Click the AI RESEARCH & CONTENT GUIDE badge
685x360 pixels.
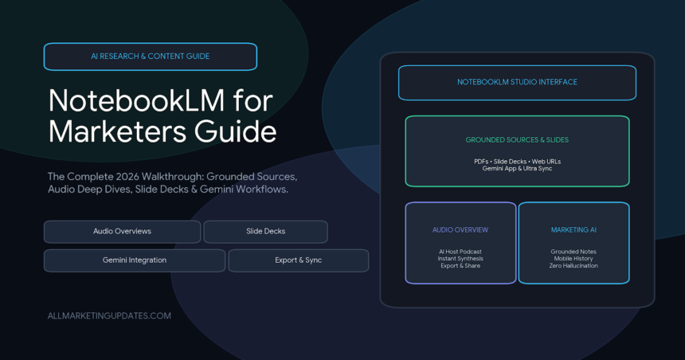coord(151,57)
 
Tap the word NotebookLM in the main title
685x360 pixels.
coord(137,100)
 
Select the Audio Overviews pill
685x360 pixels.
coord(123,232)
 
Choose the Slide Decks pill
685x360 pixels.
coord(265,232)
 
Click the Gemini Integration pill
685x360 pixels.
coord(135,260)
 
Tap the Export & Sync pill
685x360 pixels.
coord(299,260)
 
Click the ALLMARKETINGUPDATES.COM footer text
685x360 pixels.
coord(109,316)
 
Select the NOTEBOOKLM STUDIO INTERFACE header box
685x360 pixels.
coord(517,83)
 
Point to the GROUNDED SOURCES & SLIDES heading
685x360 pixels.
coord(517,140)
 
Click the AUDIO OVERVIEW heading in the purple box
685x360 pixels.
coord(460,230)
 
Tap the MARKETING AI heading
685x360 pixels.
coord(573,230)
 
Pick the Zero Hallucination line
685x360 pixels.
coord(573,266)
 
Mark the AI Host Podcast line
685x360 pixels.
coord(460,252)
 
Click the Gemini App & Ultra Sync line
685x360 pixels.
coord(517,169)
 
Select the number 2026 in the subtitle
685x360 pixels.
coord(127,177)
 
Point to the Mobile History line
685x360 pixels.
coord(573,259)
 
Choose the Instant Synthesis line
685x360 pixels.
coord(460,259)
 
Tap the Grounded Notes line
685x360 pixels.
coord(573,252)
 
